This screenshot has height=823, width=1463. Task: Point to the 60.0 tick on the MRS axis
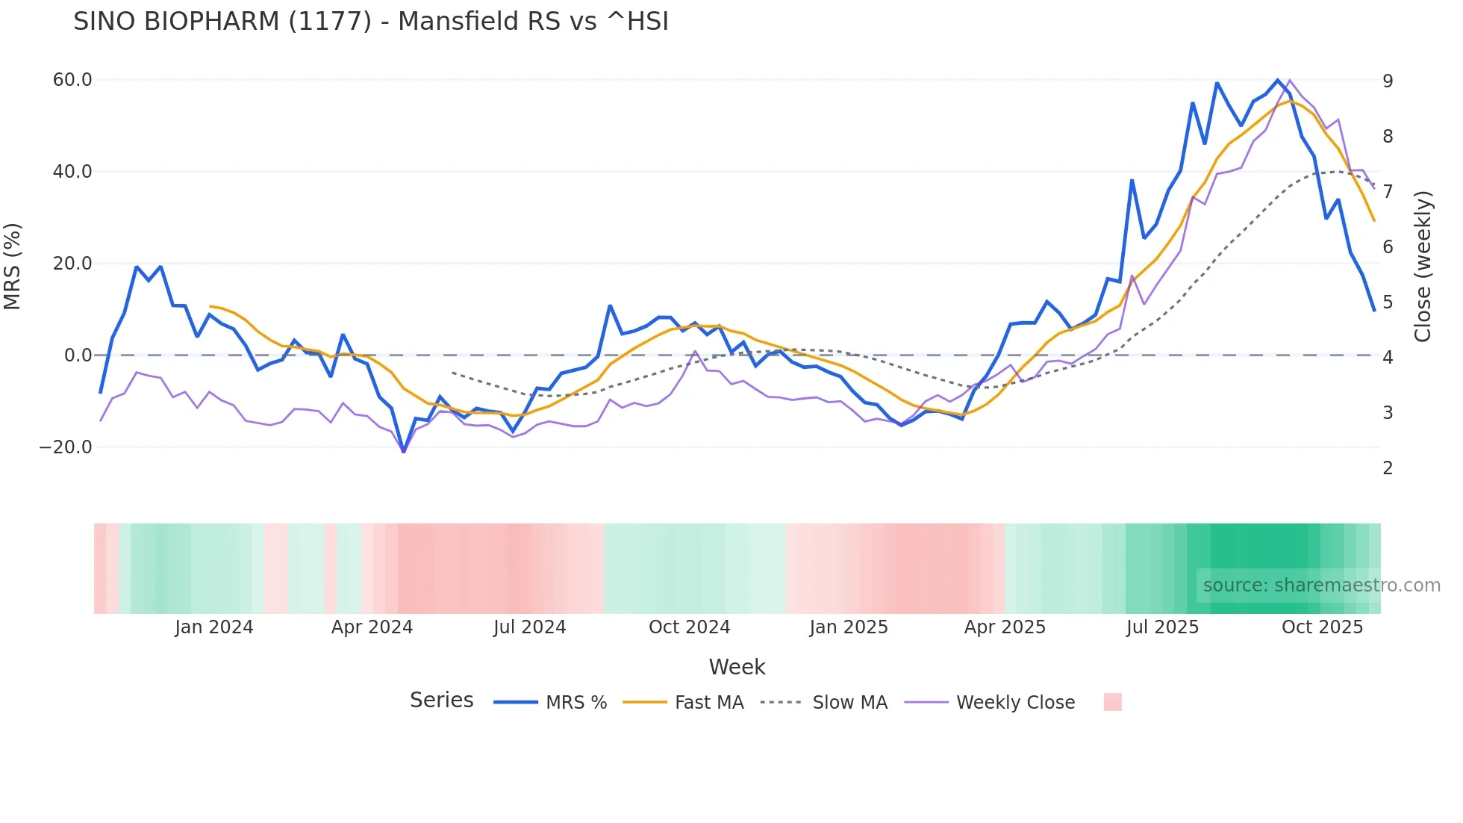click(72, 80)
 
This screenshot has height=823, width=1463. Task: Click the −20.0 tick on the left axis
click(66, 447)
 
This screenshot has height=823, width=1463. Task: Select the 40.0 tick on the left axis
click(72, 172)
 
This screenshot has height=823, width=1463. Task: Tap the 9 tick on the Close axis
click(1388, 81)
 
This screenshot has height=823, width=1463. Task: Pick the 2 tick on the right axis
click(1388, 468)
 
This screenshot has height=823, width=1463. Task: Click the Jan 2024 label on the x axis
click(214, 627)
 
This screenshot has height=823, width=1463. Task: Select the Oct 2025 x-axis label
click(1322, 627)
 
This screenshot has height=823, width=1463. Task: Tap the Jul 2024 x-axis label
click(530, 627)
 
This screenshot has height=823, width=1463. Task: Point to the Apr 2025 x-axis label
click(1005, 627)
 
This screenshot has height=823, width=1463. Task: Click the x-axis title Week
click(737, 667)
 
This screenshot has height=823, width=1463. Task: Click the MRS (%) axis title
click(13, 266)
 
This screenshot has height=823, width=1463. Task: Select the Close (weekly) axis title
click(1423, 266)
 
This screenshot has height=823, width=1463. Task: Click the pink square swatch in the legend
click(1112, 702)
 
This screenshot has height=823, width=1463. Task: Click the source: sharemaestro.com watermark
click(1321, 586)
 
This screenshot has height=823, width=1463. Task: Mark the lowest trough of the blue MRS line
click(404, 451)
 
